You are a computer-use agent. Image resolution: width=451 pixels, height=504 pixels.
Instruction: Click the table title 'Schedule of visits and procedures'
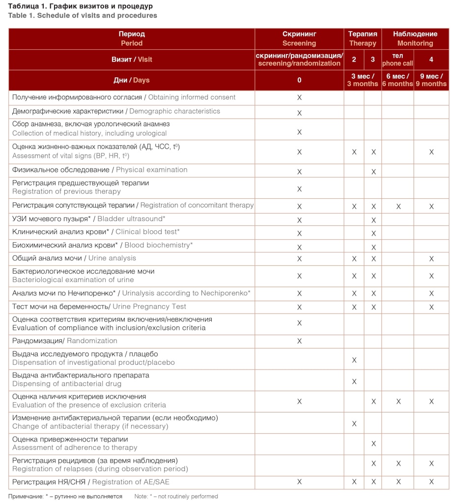[x=82, y=15]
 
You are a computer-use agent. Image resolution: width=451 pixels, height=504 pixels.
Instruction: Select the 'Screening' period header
[x=299, y=39]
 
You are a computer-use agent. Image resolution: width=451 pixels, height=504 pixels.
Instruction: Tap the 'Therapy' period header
[x=363, y=39]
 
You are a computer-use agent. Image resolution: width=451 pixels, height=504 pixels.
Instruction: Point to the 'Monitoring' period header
[x=415, y=39]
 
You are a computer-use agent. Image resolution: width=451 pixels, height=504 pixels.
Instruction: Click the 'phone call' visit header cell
[x=398, y=60]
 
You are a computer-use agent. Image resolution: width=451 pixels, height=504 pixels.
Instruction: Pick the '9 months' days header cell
[x=431, y=80]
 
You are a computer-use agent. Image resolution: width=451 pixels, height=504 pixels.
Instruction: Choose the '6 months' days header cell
[x=398, y=80]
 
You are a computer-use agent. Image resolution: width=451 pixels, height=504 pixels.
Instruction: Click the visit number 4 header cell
[x=431, y=60]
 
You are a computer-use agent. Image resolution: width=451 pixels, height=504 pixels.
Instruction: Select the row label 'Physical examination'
[x=99, y=170]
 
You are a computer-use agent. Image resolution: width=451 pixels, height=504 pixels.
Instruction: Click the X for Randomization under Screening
[x=299, y=341]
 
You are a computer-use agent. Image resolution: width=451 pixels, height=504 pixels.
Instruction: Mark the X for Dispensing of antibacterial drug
[x=354, y=381]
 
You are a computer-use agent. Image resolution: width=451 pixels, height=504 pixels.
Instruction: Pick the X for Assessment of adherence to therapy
[x=373, y=444]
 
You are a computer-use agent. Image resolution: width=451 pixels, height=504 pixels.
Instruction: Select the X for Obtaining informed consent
[x=299, y=98]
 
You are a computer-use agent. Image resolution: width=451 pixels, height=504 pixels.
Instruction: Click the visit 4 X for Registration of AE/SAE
[x=431, y=482]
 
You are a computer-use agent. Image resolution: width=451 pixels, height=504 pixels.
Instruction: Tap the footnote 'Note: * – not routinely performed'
[x=176, y=497]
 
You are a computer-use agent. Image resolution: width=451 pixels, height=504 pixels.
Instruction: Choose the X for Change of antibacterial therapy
[x=354, y=424]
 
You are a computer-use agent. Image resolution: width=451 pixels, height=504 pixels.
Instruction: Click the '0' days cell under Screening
[x=299, y=80]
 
